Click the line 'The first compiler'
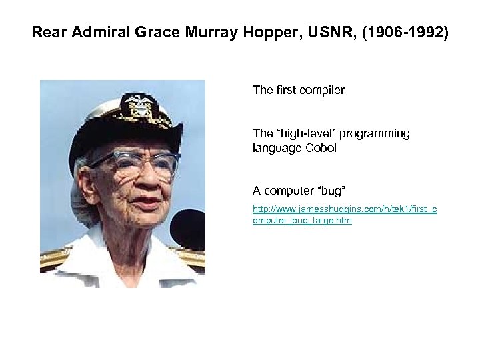[x=298, y=89]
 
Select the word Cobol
[x=321, y=148]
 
